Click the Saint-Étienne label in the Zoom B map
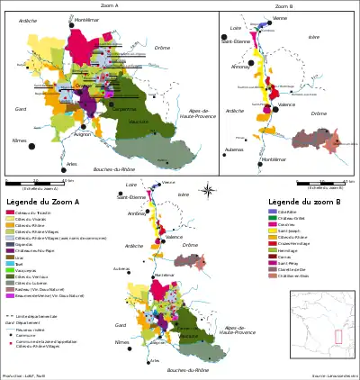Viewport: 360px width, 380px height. pos(236,41)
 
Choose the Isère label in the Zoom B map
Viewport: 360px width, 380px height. pos(313,37)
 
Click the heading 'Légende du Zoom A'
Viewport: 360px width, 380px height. pos(42,202)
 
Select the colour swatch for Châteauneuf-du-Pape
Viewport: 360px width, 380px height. pos(11,249)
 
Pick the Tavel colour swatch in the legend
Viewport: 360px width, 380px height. pos(11,264)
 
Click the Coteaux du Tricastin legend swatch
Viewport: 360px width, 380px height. pos(11,212)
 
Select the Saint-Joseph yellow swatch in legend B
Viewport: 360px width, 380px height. pos(274,231)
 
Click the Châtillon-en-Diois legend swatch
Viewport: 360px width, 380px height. pos(274,276)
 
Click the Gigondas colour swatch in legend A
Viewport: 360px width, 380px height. pos(11,242)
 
